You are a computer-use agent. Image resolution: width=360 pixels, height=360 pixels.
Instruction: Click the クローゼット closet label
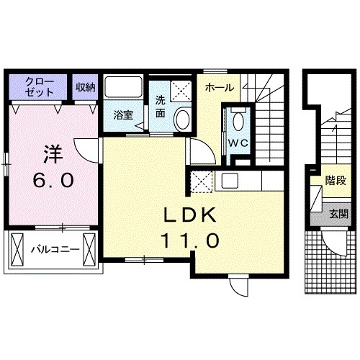point(39,86)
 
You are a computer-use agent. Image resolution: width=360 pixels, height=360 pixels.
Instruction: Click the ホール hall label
point(218,88)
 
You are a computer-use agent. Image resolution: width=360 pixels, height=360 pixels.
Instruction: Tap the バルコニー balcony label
point(53,251)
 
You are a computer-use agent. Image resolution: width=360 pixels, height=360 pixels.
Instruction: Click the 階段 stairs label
point(335,181)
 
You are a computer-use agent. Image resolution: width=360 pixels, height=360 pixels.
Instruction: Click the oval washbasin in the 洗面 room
point(182,118)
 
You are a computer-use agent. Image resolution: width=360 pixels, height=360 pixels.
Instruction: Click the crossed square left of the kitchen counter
point(202,180)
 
